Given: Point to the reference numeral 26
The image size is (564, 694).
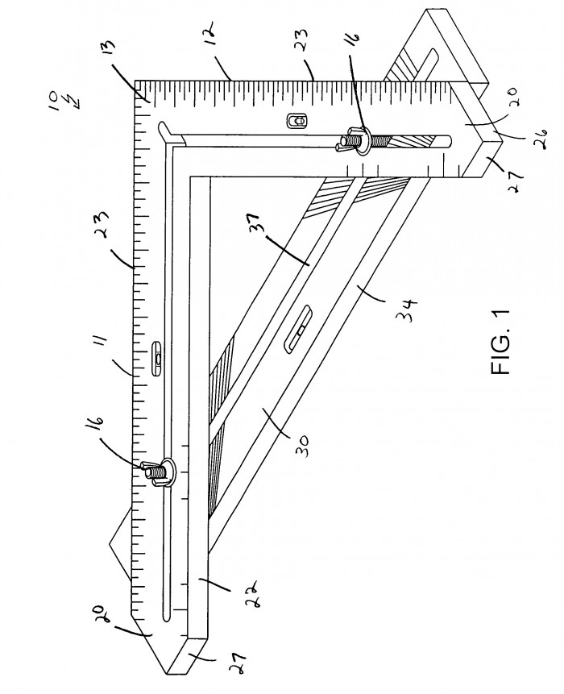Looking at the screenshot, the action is [541, 133].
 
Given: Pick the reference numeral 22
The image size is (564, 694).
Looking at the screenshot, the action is [250, 587].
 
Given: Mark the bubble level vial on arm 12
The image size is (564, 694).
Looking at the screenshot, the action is [297, 120].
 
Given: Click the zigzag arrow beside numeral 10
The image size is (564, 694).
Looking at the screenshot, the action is [76, 101].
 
